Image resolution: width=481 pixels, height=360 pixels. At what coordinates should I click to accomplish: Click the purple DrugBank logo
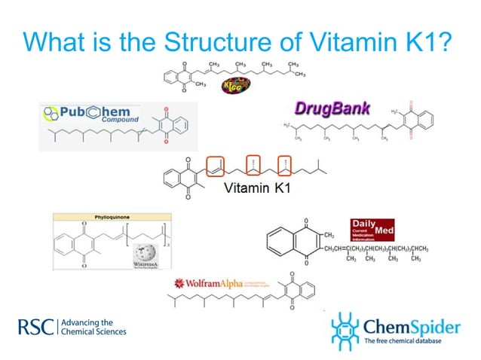pos(332,108)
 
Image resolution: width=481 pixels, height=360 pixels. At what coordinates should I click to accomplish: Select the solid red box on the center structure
pos(216,166)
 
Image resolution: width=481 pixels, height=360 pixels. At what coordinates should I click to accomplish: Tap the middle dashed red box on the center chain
pos(254,166)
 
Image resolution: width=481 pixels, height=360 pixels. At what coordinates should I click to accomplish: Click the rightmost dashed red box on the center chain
pos(284,166)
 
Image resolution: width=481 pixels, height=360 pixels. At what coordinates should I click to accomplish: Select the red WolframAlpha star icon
pos(179,283)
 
